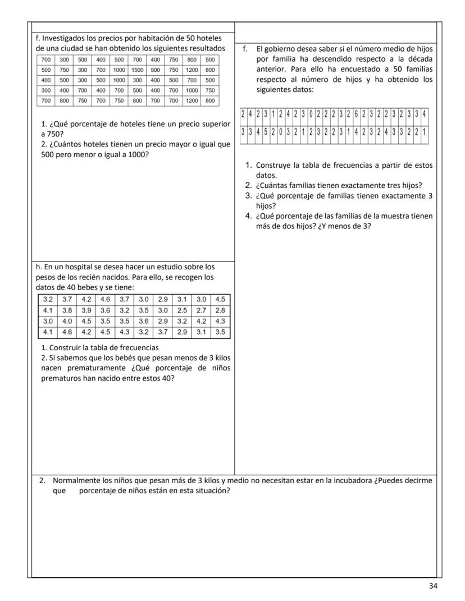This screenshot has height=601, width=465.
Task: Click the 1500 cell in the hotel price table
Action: click(x=138, y=70)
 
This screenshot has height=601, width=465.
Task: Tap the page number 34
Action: click(x=433, y=586)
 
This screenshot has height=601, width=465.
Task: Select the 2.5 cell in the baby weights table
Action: click(x=183, y=310)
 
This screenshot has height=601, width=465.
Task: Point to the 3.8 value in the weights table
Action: click(x=67, y=310)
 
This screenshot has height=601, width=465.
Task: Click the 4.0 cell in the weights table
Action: click(x=67, y=321)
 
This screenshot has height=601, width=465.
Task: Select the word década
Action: click(x=421, y=59)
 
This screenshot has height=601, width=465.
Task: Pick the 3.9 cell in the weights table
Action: click(x=86, y=310)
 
